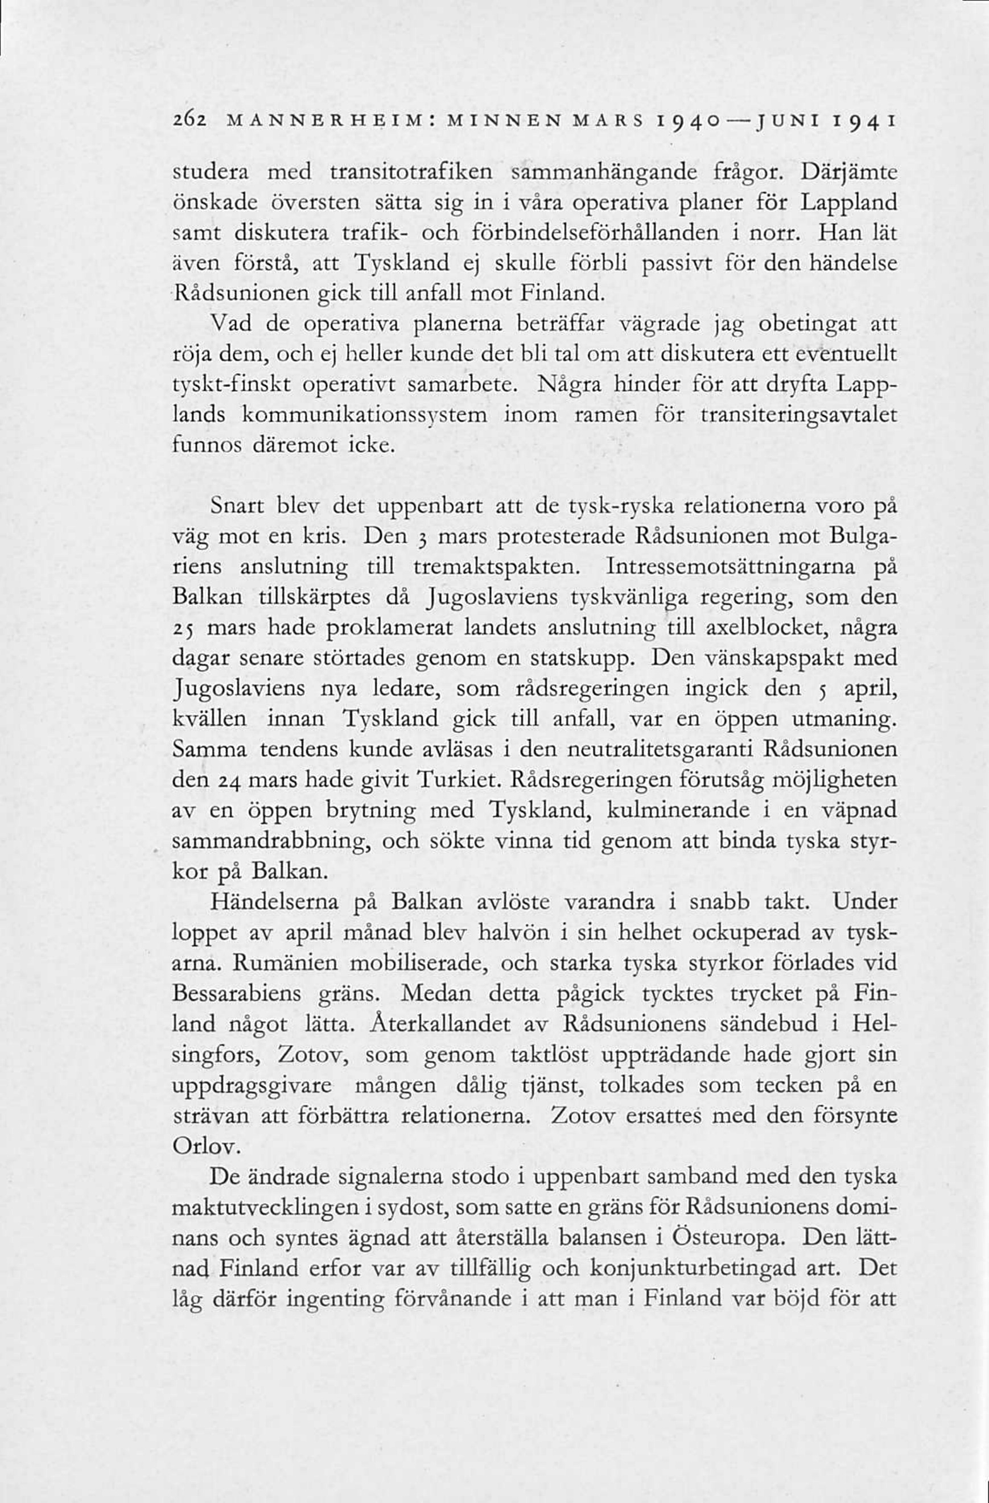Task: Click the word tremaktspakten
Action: [x=496, y=567]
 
